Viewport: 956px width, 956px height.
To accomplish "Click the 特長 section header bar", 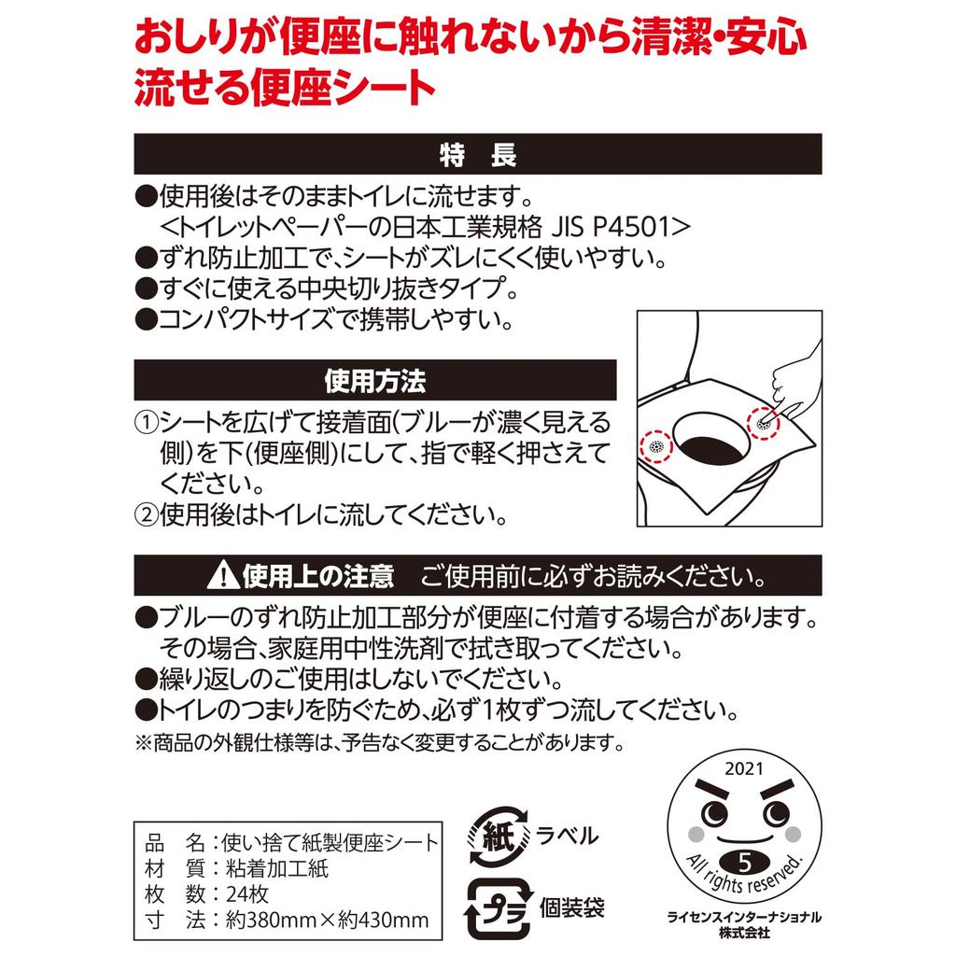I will [478, 154].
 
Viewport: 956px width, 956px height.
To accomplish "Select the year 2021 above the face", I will [743, 771].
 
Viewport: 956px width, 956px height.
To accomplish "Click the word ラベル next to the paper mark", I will [568, 835].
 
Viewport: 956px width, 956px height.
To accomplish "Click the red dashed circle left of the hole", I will [655, 446].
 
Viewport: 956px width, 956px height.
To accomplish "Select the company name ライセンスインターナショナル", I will [744, 917].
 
